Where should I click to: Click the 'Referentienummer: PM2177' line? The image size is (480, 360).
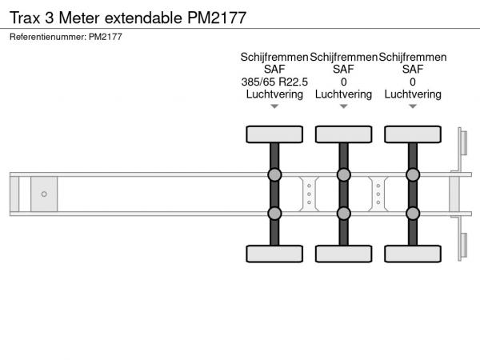click(66, 37)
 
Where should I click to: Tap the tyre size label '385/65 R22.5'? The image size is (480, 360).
click(274, 82)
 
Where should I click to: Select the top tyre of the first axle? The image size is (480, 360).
click(274, 134)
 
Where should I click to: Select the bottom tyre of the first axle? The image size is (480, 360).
click(274, 254)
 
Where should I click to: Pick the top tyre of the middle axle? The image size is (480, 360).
click(343, 134)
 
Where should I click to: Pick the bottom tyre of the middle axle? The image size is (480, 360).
click(343, 254)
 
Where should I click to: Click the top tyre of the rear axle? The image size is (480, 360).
click(413, 134)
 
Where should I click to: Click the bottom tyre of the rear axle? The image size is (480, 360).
click(413, 254)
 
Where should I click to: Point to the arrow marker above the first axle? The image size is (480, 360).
click(274, 106)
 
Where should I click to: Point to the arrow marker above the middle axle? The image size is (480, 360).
click(343, 106)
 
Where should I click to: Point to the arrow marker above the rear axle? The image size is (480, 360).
click(413, 106)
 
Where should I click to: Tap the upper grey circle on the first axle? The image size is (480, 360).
click(274, 175)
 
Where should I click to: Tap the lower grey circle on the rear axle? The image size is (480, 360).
click(413, 213)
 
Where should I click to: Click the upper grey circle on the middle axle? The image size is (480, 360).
click(343, 175)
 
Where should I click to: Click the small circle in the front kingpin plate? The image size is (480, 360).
click(44, 194)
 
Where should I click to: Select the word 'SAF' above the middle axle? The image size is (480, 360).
click(343, 70)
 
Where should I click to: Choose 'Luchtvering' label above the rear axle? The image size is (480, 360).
click(413, 94)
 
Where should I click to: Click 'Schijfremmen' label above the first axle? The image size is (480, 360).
click(274, 58)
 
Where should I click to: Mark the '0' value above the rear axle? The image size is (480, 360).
click(413, 82)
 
